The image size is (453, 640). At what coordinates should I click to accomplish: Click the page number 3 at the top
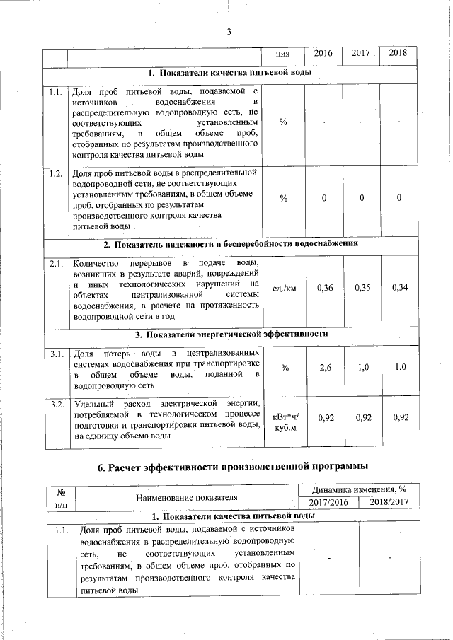tap(230, 31)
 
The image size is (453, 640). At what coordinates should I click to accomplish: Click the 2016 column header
tap(323, 54)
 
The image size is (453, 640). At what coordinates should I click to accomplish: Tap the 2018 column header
tap(398, 54)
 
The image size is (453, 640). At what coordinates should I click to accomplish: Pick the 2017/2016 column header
tap(329, 502)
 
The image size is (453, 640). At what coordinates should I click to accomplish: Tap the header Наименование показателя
tap(188, 498)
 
